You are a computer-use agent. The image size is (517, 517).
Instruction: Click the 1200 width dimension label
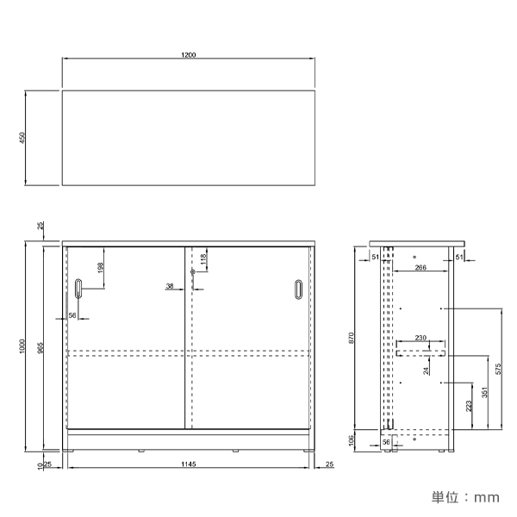(x=188, y=55)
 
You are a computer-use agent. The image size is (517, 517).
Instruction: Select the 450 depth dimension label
(x=22, y=138)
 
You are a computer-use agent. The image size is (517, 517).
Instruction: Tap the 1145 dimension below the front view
(x=188, y=464)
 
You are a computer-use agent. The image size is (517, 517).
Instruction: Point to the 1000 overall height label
(x=22, y=346)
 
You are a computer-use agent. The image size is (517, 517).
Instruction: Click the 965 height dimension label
(x=40, y=348)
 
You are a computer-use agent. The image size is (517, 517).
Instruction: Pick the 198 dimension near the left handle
(x=101, y=267)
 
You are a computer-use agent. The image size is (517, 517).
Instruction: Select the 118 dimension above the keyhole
(x=203, y=259)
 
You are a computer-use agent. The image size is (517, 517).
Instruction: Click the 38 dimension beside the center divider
(x=170, y=286)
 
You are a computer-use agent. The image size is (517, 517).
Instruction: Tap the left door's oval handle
(x=78, y=289)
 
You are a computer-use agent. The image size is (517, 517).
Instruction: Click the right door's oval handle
(x=298, y=290)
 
